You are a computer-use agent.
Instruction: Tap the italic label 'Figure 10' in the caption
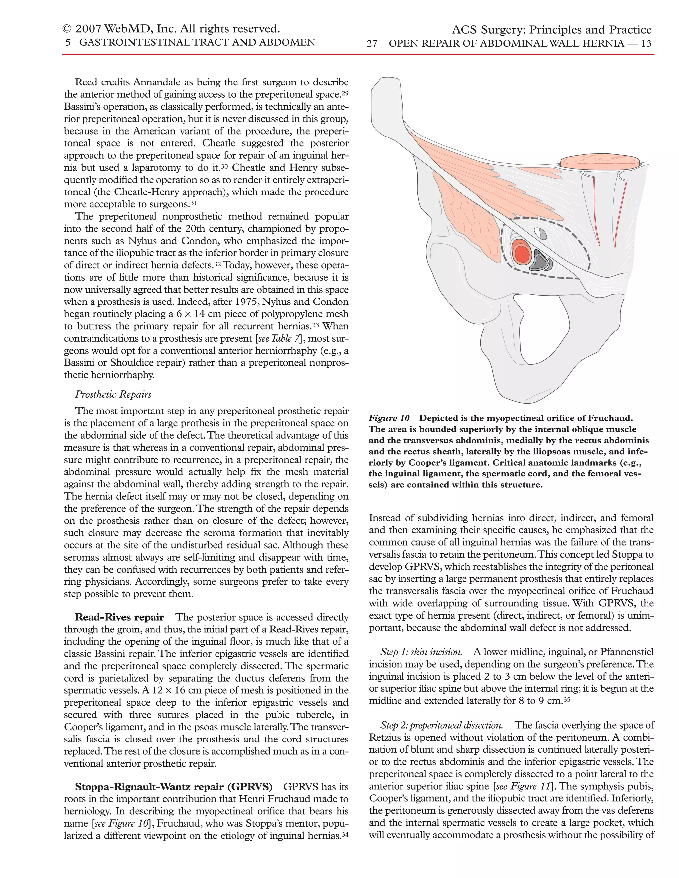tap(389, 418)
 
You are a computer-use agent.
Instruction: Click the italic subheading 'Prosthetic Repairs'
tap(113, 394)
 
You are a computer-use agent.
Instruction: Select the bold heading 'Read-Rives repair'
tap(119, 617)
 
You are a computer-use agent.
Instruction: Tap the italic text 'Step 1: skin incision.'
tap(421, 652)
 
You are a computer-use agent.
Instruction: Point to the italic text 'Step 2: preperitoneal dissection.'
tap(441, 725)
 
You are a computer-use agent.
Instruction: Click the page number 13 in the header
tap(646, 43)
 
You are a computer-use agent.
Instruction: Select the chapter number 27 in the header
tap(372, 43)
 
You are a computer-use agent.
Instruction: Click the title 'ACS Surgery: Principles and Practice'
tap(551, 30)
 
